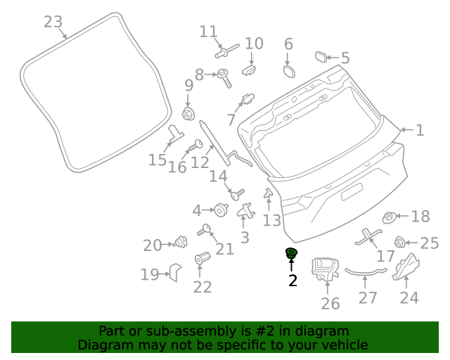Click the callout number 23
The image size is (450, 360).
[x=53, y=22]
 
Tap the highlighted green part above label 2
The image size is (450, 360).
[x=290, y=253]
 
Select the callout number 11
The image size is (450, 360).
[x=208, y=32]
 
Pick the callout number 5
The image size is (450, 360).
[x=345, y=58]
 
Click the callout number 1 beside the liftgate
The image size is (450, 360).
[x=420, y=130]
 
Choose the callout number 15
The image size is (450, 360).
[x=157, y=161]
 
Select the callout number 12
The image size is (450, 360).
[x=200, y=163]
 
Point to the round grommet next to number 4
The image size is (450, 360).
[x=220, y=209]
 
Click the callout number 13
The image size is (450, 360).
[x=272, y=221]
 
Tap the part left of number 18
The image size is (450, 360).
[x=388, y=218]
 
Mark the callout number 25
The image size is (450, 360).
[x=429, y=243]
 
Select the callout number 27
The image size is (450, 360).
[x=368, y=297]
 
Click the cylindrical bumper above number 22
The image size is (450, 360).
[x=202, y=259]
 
